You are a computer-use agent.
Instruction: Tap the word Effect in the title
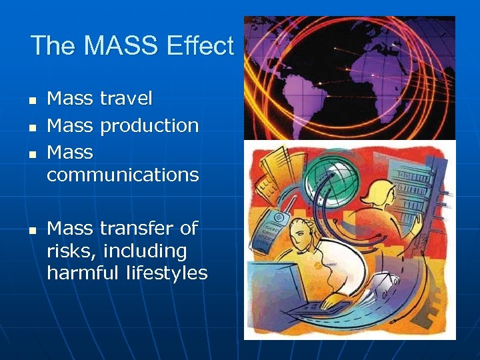(201, 46)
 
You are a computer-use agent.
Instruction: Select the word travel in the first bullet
(126, 99)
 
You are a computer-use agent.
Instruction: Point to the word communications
(123, 175)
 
